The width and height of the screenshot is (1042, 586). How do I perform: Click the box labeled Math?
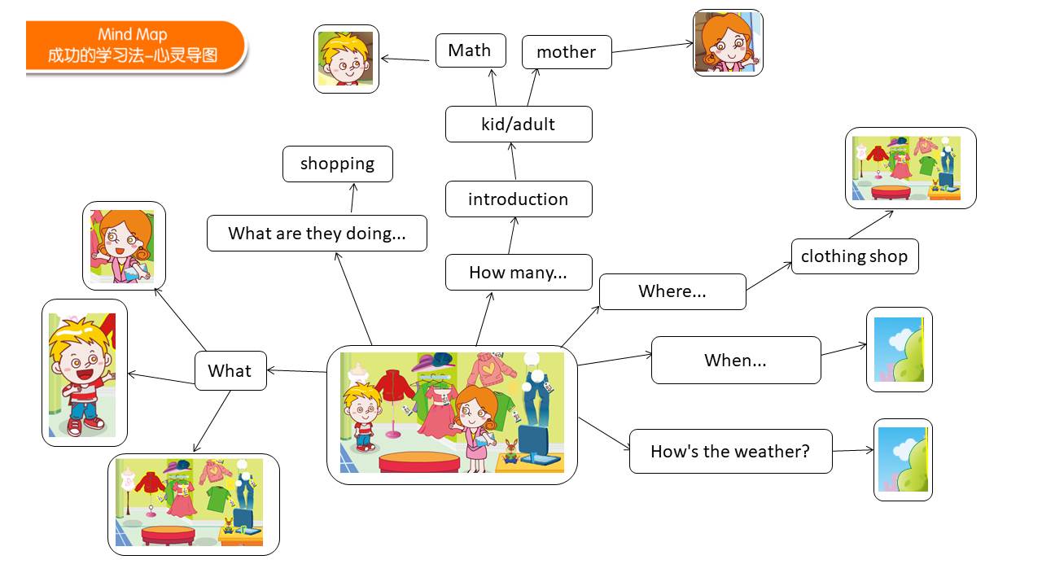471,50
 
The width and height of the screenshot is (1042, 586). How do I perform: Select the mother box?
567,52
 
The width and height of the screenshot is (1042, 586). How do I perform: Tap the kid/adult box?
519,125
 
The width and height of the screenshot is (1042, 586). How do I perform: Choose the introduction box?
519,199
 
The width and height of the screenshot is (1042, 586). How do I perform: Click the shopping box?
338,164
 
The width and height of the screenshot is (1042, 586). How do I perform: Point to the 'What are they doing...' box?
317,233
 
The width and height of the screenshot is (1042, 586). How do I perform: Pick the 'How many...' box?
519,272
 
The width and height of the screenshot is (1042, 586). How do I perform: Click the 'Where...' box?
672,291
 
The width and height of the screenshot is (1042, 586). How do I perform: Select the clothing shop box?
855,256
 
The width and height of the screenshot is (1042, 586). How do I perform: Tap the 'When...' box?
736,360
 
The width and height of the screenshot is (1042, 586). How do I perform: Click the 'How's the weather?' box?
731,451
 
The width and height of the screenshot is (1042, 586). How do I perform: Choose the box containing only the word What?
230,370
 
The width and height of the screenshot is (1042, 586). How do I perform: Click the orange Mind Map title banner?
135,46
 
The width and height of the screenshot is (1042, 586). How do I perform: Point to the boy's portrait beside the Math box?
346,59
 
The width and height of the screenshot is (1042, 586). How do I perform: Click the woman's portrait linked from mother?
728,43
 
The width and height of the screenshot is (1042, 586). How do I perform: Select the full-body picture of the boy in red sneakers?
84,373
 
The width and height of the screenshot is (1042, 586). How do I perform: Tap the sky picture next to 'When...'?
900,349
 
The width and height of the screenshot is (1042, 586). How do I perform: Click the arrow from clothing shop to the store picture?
871,225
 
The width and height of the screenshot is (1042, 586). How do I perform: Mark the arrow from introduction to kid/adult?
513,161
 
